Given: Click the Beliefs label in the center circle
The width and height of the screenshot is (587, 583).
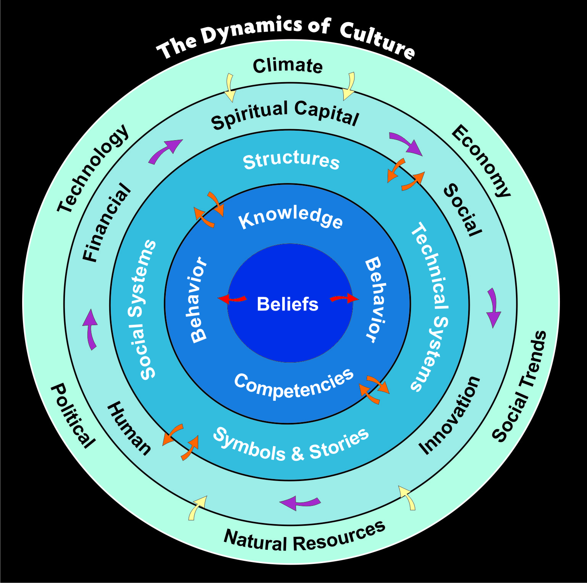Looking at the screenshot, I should pos(288,304).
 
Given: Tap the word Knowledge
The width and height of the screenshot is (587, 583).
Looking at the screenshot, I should pos(291,218).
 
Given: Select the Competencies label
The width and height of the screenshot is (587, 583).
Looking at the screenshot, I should pos(294,385).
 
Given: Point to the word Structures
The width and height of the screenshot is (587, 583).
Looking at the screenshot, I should pos(291,160).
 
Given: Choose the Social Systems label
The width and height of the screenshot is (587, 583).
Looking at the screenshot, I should pos(142,310).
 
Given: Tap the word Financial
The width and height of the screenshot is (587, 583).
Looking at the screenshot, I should pos(107,222).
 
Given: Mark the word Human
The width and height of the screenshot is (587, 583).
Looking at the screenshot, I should pos(129,428).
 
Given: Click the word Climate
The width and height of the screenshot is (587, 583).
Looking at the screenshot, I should pos(288,66).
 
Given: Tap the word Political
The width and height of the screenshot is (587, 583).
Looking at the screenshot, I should pos(73,416).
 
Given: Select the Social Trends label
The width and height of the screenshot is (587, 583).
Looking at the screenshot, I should pos(520,386).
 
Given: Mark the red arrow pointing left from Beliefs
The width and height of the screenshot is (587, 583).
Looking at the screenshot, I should pos(232,299).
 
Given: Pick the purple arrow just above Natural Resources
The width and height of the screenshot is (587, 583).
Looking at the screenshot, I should pos(300,503).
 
